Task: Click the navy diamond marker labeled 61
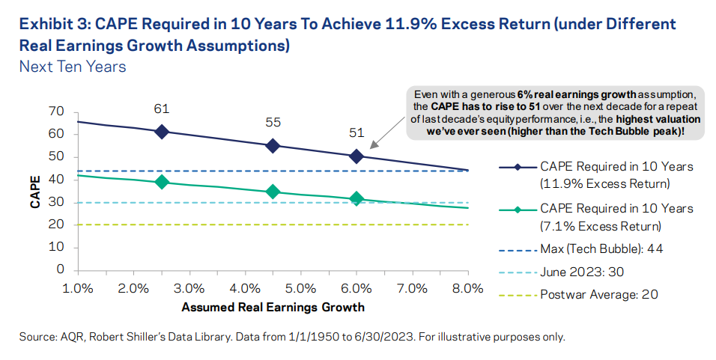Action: tap(161, 131)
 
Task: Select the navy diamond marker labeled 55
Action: tap(273, 146)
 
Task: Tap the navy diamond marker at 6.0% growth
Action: tap(357, 156)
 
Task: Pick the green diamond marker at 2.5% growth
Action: tap(161, 182)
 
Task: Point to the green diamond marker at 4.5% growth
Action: tap(273, 192)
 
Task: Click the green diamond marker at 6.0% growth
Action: tap(357, 198)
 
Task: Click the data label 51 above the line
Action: tap(357, 133)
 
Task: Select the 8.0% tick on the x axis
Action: tap(467, 288)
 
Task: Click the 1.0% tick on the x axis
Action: tap(78, 288)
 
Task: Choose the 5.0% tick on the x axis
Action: tap(300, 288)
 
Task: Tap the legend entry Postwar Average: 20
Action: tap(599, 294)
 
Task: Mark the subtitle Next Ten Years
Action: tap(73, 67)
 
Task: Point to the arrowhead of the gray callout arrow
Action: tap(370, 144)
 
